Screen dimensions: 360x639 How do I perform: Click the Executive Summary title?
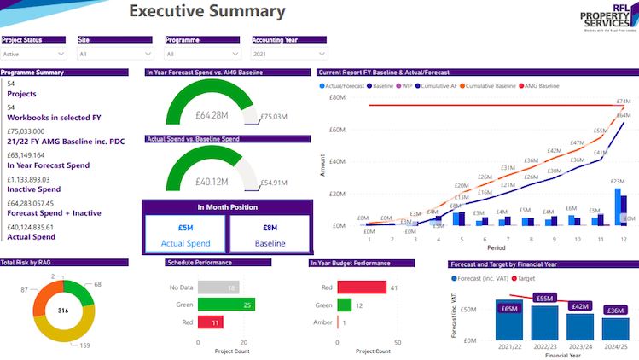click(206, 12)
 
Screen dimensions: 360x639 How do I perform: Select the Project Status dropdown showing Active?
click(33, 54)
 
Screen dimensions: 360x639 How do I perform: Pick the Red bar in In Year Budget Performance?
click(362, 287)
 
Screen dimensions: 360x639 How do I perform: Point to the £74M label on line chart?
click(623, 102)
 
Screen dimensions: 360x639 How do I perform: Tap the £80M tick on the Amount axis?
click(337, 97)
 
